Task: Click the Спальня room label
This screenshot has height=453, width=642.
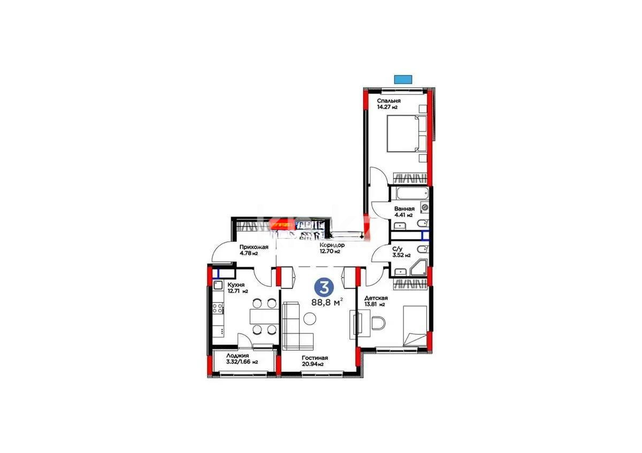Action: [x=389, y=101]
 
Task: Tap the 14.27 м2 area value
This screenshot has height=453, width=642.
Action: [x=387, y=108]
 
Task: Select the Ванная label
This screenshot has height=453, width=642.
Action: [x=403, y=209]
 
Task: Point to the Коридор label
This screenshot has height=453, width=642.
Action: [x=332, y=245]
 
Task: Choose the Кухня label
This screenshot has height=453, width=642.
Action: [x=236, y=285]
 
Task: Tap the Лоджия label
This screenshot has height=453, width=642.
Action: [x=237, y=355]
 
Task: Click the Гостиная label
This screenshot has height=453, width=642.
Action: [x=314, y=358]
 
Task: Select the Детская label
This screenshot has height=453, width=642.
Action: [x=376, y=298]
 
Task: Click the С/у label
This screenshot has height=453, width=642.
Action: [x=398, y=249]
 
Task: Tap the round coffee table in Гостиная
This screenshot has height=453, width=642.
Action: [x=310, y=319]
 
